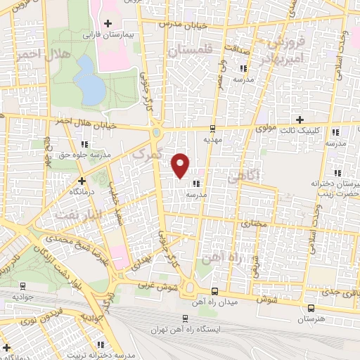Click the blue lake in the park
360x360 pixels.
pos(89,79)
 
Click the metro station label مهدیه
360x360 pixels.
pos(213,139)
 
